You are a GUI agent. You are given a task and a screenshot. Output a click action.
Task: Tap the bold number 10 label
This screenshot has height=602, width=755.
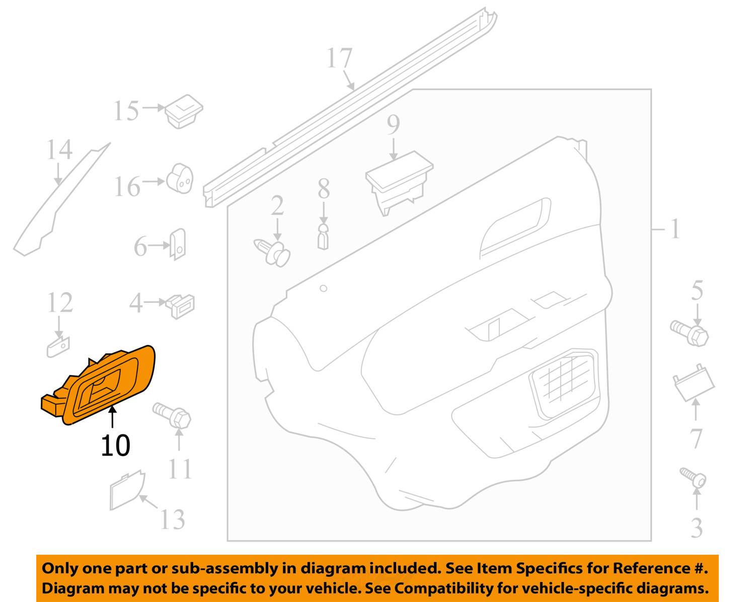point(115,445)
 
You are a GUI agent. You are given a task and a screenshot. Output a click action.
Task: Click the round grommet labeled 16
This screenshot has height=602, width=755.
point(180,178)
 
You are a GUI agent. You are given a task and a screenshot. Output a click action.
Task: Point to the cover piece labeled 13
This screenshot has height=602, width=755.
point(126,488)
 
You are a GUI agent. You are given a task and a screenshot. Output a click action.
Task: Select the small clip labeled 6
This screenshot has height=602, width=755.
point(178,245)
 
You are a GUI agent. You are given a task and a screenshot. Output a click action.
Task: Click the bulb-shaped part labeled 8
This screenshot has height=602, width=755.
point(323,235)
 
